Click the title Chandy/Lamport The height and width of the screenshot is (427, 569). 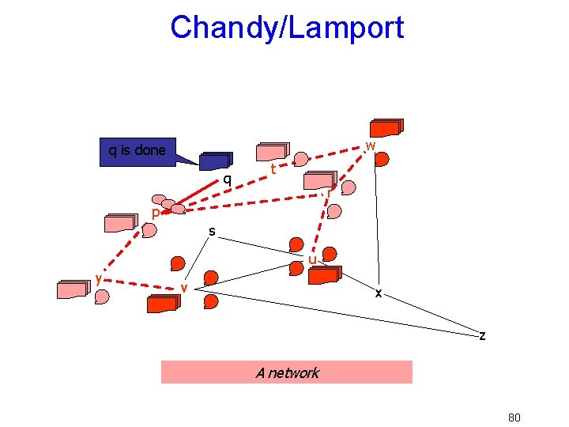click(x=286, y=28)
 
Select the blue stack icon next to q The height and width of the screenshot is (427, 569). click(x=214, y=161)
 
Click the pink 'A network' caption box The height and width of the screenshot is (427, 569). click(x=287, y=372)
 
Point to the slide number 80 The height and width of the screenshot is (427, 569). click(x=514, y=418)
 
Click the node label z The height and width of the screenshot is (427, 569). click(x=482, y=336)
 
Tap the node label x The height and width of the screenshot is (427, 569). click(x=379, y=293)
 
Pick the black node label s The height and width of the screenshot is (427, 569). click(x=212, y=232)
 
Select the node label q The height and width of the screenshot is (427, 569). click(x=227, y=179)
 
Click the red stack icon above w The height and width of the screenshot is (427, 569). click(x=387, y=127)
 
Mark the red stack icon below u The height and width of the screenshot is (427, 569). click(x=323, y=275)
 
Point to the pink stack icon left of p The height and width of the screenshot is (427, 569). click(x=122, y=222)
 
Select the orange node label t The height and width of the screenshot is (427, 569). click(x=273, y=170)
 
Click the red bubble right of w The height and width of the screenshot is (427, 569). click(x=382, y=160)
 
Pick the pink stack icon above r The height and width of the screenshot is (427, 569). click(x=321, y=181)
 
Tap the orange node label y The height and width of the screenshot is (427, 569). click(x=96, y=278)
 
